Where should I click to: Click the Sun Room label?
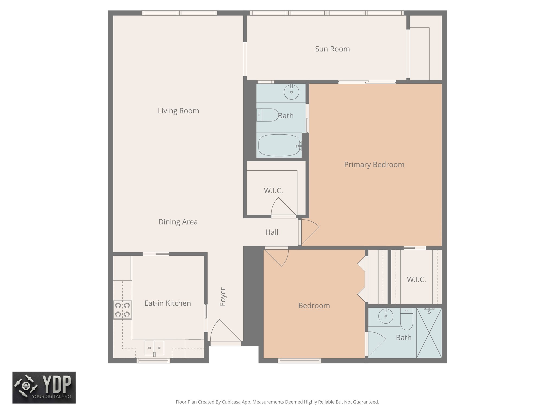[332, 49]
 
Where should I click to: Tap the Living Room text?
[178, 111]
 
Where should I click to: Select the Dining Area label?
[178, 222]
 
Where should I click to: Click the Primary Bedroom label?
[374, 165]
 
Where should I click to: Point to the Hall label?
[272, 232]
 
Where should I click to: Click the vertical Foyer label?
[223, 297]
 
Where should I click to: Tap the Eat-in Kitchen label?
[167, 303]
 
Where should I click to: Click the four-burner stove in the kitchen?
[122, 310]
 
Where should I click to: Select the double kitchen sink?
[154, 348]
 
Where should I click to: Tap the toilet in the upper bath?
[268, 115]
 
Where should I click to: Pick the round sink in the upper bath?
[291, 92]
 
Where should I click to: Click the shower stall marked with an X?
[429, 333]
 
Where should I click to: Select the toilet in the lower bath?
[406, 320]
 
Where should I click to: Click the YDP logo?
[44, 387]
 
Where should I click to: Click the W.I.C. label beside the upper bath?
[273, 191]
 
